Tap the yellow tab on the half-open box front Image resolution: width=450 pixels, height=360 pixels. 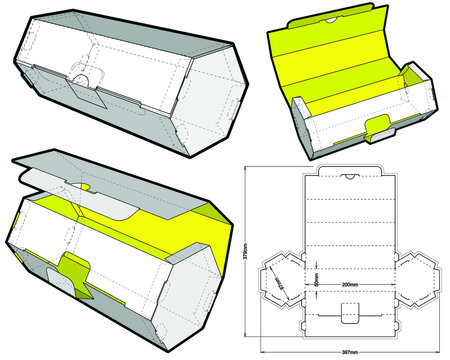tap(72, 270)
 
